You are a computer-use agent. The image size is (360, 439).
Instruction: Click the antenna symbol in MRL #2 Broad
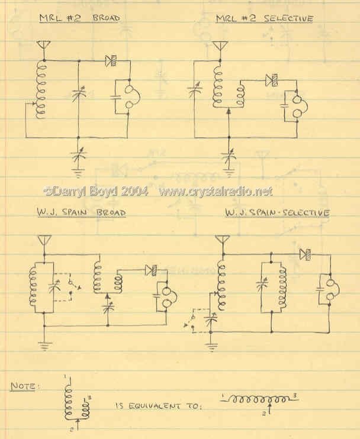(x=44, y=46)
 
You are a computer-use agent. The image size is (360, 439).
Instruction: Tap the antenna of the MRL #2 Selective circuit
(x=220, y=46)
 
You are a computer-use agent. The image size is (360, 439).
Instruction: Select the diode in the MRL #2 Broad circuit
(x=111, y=61)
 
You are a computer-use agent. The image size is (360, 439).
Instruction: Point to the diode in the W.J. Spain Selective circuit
(x=305, y=254)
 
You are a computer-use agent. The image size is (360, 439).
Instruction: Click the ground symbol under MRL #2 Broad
(x=78, y=173)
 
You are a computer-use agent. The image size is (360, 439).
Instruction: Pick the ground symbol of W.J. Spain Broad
(x=44, y=346)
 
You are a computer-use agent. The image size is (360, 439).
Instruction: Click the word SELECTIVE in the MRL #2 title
(x=288, y=18)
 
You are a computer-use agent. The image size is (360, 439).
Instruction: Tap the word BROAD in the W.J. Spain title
(x=111, y=213)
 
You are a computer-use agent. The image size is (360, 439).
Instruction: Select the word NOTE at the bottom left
(x=23, y=386)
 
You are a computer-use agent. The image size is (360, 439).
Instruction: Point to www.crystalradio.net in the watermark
(x=216, y=191)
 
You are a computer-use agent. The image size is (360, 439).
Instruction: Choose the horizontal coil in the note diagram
(x=259, y=398)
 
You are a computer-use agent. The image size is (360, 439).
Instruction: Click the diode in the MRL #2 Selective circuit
(x=272, y=80)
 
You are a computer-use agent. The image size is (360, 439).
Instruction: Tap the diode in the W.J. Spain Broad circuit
(x=151, y=270)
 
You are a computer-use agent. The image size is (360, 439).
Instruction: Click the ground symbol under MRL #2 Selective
(x=229, y=173)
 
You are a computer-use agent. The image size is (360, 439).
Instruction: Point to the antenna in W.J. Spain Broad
(x=44, y=241)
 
